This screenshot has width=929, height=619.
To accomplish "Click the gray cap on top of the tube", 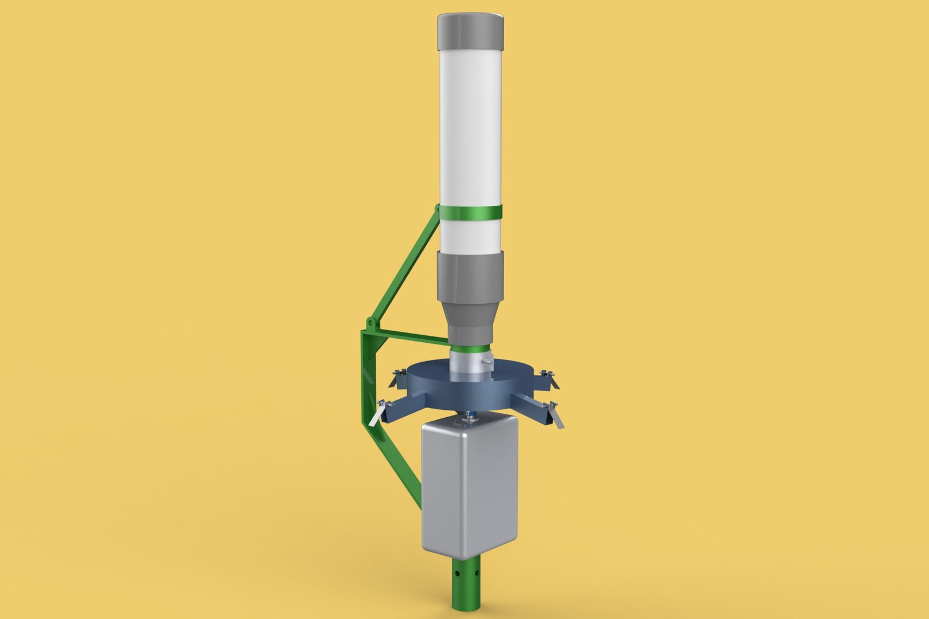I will (x=472, y=33).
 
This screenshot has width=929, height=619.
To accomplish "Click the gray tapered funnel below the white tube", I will (x=471, y=298).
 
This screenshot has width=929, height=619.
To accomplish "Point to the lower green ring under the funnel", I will (x=470, y=348).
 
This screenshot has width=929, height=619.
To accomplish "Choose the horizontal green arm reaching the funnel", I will (x=413, y=338).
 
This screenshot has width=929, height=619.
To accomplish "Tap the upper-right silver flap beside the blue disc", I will (x=546, y=378).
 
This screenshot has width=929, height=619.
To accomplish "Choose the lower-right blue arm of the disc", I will (x=528, y=404).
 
